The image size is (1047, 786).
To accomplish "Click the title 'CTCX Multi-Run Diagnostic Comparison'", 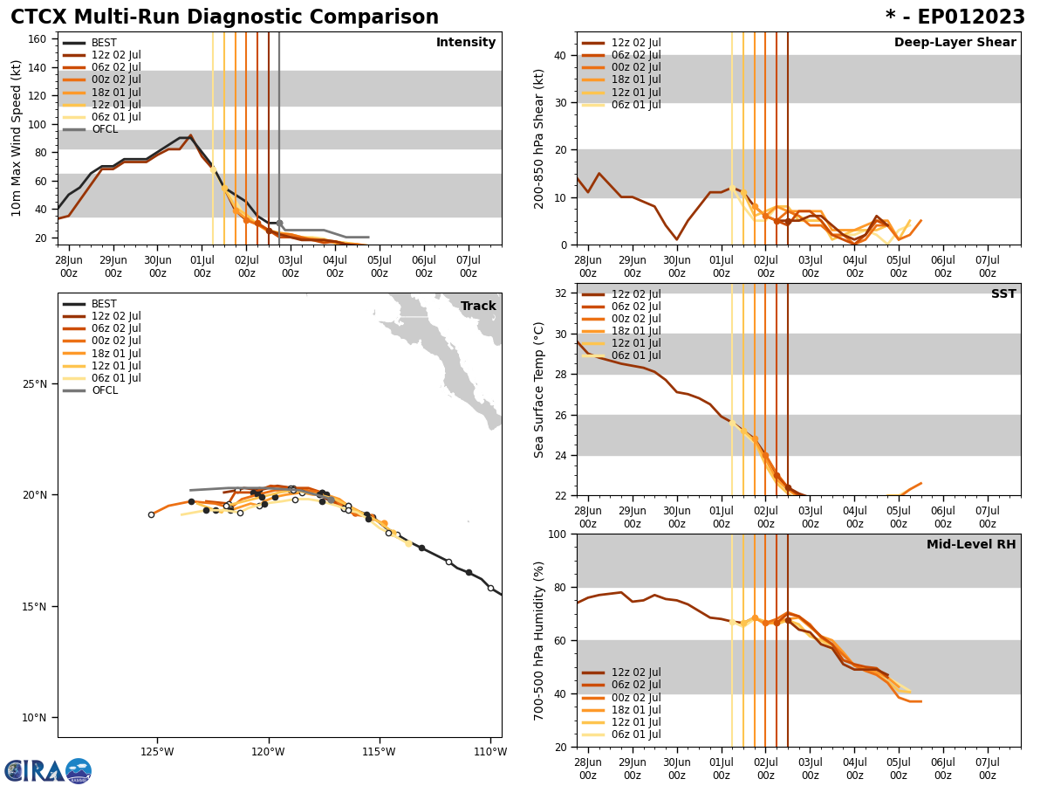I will click(x=224, y=17).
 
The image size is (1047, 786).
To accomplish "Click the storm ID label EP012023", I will click(x=955, y=17).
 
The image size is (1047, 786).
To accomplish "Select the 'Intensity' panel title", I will click(x=466, y=43).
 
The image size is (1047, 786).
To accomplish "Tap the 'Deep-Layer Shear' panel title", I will click(x=955, y=43).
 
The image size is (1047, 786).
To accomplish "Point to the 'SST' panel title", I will click(x=1003, y=294).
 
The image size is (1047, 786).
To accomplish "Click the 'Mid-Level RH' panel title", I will click(x=971, y=545).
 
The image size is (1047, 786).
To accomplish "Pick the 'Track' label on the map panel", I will click(x=478, y=307).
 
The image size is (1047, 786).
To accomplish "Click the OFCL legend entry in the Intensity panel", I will click(x=105, y=129).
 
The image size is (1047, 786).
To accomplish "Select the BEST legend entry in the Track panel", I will click(x=104, y=304).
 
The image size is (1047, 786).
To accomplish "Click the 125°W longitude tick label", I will click(x=157, y=752).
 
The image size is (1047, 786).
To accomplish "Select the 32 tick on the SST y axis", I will click(x=561, y=293).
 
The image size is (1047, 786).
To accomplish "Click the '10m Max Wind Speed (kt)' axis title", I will click(x=17, y=138).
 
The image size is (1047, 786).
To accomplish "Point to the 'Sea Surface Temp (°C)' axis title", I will click(x=539, y=390).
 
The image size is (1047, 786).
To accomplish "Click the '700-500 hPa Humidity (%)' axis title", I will click(x=539, y=640).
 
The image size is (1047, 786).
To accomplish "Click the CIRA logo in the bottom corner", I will click(x=47, y=771).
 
